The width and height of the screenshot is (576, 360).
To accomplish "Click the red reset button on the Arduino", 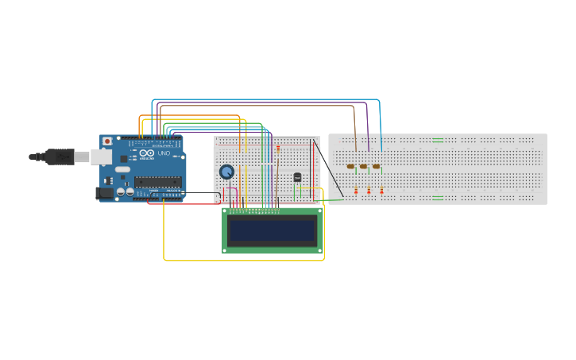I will point(107,141).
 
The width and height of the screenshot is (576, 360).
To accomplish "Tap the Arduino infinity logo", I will point(148,153).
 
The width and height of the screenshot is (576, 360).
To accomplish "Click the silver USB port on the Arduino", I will point(101,157).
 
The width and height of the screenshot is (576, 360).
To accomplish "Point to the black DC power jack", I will point(104,193).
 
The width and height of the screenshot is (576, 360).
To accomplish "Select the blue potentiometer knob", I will point(226,172).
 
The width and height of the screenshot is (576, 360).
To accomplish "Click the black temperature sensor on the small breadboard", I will point(298,176).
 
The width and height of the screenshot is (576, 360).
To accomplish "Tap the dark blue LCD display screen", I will point(272,231).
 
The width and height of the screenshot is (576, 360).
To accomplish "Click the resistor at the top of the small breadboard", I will point(278,148).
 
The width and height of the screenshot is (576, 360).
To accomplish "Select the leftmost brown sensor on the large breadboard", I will point(350,166).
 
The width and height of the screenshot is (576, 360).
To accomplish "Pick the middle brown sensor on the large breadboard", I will point(363,166).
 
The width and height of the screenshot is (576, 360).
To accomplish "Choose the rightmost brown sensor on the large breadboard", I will point(376,166).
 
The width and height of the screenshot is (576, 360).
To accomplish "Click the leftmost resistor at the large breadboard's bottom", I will point(356,191).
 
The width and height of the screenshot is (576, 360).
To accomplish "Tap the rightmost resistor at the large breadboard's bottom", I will point(381,191).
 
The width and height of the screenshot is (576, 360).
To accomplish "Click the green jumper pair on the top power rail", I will point(438,141).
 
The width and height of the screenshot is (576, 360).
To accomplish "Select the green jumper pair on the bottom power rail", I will point(438,197).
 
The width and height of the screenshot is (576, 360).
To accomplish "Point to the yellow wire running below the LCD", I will point(238,260).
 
